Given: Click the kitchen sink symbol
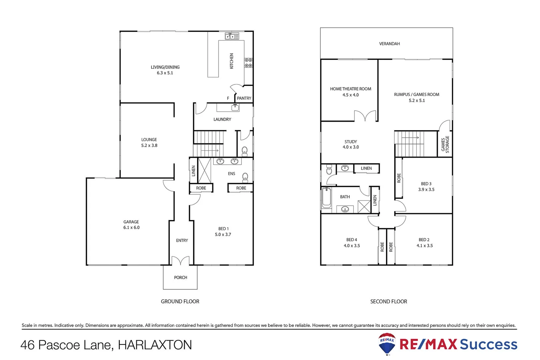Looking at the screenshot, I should [x=232, y=36].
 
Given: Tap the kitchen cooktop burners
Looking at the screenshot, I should [x=249, y=63].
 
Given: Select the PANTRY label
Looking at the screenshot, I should [x=244, y=98].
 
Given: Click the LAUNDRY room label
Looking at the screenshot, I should [x=222, y=119].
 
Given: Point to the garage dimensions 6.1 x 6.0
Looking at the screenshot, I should [x=131, y=228].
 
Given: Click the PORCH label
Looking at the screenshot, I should [x=181, y=278].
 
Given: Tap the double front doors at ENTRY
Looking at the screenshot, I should [x=180, y=261].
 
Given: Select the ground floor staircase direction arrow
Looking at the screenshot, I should [x=210, y=151].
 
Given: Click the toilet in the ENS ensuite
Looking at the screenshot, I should [x=245, y=177].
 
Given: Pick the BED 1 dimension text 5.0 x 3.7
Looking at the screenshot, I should [x=223, y=235].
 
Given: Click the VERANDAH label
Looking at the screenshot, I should [x=389, y=44].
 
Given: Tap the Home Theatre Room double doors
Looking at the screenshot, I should [x=365, y=116].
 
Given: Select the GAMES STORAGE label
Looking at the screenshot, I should [x=445, y=144].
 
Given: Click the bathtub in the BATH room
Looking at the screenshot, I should [x=326, y=198].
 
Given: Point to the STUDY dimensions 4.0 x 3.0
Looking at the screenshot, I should [x=351, y=147].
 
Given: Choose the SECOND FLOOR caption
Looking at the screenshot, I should [x=388, y=302].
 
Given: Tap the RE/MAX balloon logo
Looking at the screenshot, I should [x=387, y=344].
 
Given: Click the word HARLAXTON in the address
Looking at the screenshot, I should [x=155, y=345].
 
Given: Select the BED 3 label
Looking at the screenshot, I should [x=426, y=184].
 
